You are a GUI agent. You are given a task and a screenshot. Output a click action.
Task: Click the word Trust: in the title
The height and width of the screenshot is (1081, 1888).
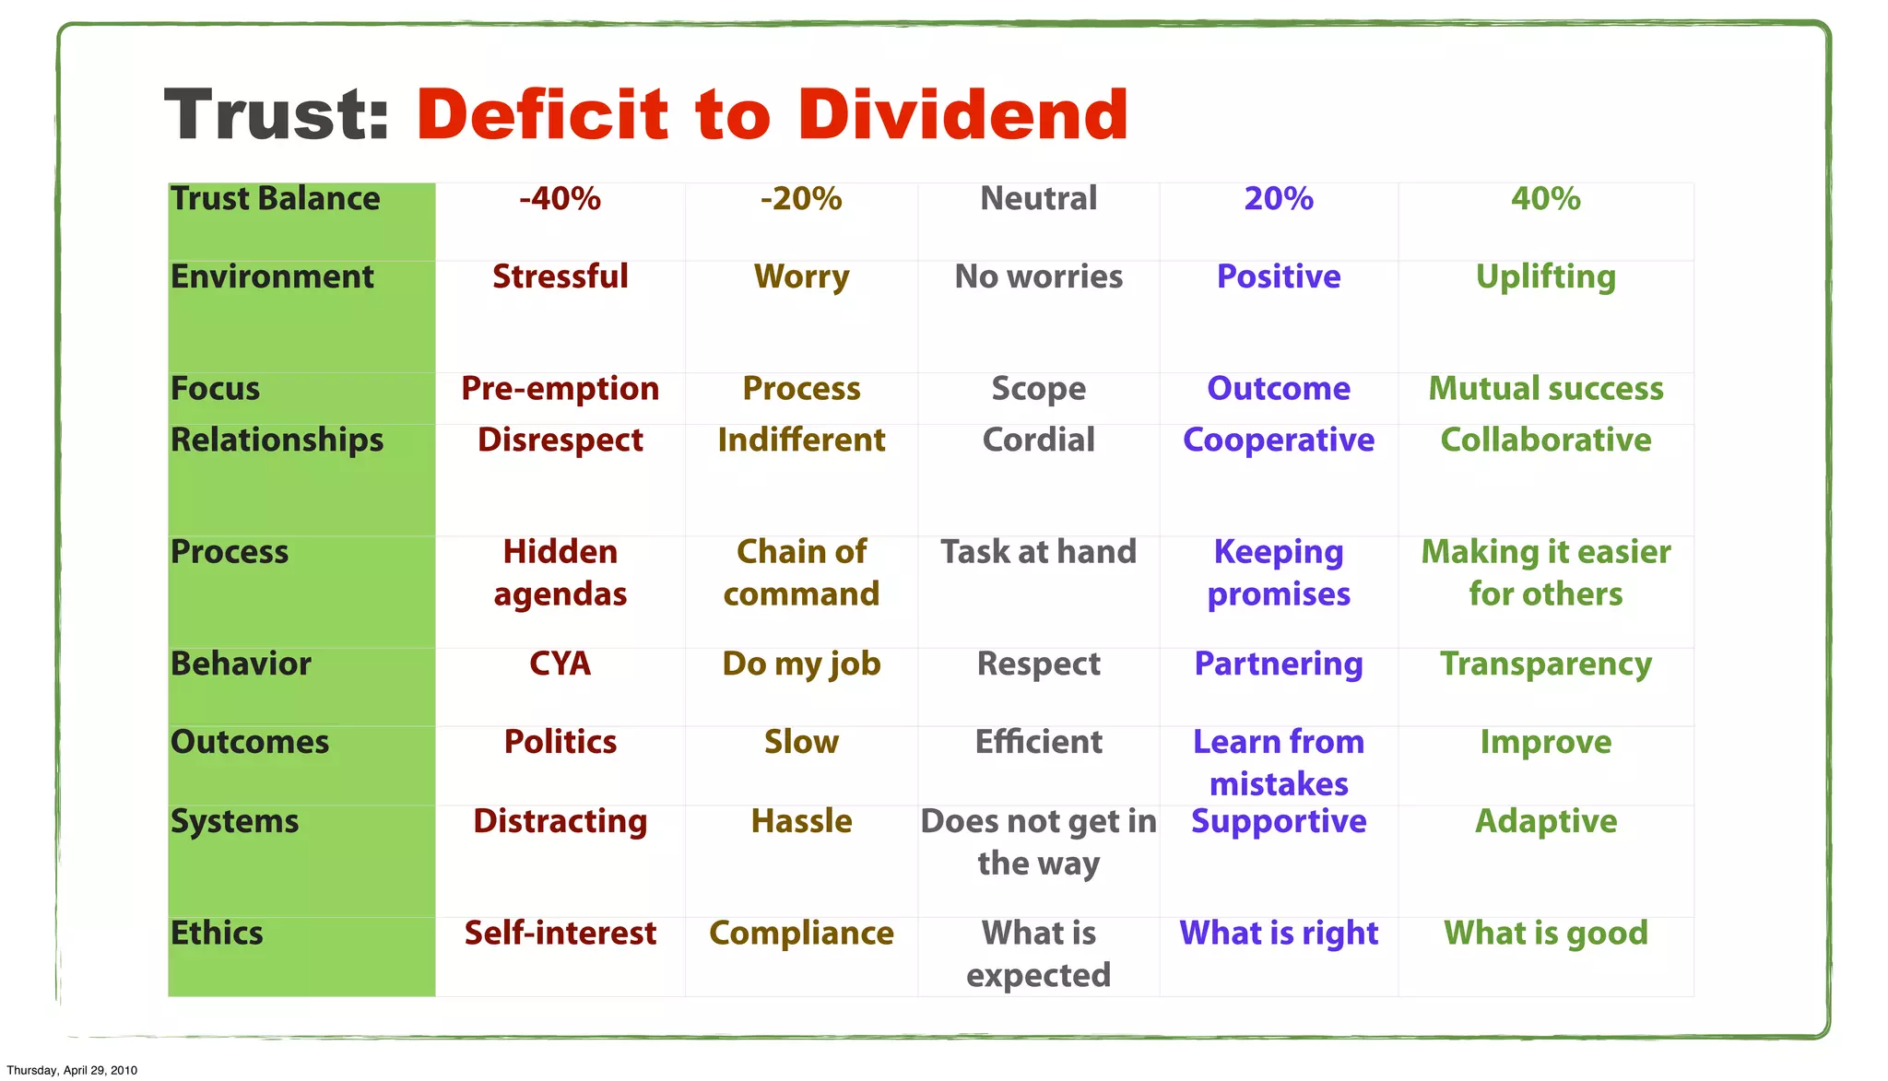pos(277,114)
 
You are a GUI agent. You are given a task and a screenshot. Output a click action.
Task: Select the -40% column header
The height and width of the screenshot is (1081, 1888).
pos(560,199)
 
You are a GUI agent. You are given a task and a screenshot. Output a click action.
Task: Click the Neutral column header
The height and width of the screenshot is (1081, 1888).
pos(1038,199)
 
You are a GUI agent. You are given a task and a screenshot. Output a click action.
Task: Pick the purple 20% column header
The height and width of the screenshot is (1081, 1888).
pos(1278,199)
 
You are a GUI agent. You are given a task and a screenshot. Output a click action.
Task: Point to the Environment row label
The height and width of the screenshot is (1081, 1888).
pos(272,276)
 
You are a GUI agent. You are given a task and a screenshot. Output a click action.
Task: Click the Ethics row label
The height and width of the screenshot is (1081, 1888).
pos(217,933)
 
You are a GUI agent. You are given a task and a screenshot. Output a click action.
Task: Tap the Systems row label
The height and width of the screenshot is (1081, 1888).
pos(234,821)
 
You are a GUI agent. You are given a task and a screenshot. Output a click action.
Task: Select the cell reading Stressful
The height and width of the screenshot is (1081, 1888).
pos(560,276)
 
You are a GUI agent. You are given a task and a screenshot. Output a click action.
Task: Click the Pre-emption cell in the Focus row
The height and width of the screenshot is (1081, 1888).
pos(560,389)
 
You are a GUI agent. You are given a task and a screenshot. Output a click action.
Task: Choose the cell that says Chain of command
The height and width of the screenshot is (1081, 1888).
pos(801,572)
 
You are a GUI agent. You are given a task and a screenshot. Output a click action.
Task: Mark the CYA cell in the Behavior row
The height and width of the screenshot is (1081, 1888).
pos(560,664)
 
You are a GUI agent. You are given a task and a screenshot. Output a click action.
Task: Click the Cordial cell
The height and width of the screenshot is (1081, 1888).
pos(1038,440)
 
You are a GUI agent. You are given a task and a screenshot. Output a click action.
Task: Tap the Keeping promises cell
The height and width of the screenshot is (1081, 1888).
pos(1278,572)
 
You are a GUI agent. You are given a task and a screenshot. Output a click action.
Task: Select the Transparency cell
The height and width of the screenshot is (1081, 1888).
pos(1545,664)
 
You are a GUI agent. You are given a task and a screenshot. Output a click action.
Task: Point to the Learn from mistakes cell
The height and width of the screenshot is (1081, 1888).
pos(1278,762)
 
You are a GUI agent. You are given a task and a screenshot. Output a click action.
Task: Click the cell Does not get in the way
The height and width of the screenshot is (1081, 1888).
pos(1038,841)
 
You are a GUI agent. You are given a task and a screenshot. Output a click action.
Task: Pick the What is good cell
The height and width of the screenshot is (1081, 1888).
pos(1545,933)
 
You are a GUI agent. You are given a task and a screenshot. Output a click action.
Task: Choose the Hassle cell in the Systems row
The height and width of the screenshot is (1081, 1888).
pos(801,821)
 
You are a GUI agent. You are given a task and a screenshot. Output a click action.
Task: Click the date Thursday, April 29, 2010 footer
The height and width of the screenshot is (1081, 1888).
pos(72,1070)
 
